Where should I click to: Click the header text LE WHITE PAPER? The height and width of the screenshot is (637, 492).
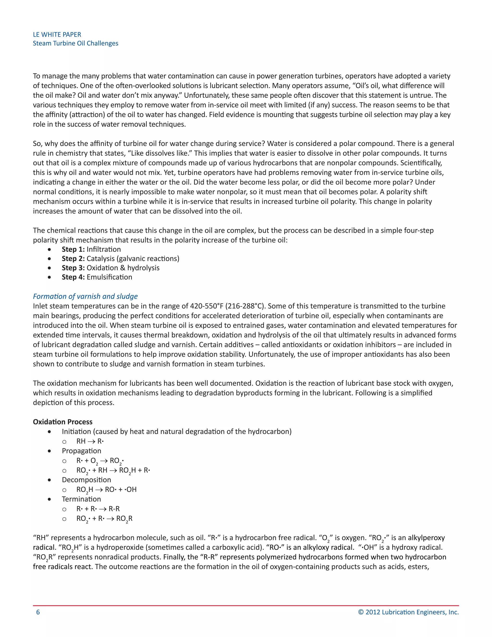[57, 34]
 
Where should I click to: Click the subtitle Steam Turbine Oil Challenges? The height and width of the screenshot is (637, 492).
[75, 43]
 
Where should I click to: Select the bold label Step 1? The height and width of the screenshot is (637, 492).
[73, 249]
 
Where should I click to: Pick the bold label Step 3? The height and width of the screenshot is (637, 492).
[73, 268]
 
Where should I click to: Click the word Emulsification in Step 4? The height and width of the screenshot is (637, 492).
[109, 277]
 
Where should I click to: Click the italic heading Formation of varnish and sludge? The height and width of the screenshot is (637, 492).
[85, 296]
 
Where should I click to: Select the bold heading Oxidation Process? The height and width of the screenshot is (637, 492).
[63, 422]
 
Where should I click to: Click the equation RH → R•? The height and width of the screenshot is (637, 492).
[90, 441]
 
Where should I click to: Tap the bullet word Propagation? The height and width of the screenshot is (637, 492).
[81, 451]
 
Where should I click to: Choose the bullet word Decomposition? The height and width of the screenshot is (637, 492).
[86, 480]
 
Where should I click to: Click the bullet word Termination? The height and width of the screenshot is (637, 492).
[81, 499]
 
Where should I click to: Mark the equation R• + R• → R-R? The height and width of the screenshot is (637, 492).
[98, 509]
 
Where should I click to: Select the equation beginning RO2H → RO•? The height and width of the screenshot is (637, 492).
[106, 490]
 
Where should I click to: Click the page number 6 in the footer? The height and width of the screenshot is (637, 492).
[38, 612]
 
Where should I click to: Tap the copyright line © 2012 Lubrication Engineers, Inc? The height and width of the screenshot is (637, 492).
[408, 612]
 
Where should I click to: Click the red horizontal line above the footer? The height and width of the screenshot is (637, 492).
[246, 606]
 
